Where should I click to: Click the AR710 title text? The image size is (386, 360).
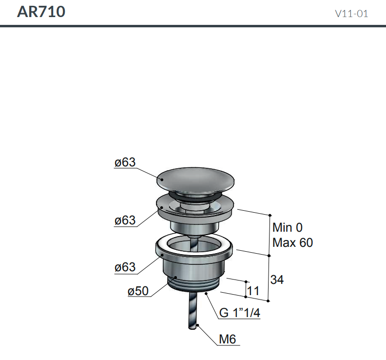[41, 12]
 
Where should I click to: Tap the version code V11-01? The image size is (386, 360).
[351, 14]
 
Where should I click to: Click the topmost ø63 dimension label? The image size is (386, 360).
[125, 162]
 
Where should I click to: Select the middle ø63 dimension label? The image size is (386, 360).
[125, 220]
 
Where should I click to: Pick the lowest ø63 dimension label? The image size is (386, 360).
[125, 267]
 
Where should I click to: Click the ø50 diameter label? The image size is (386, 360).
[138, 291]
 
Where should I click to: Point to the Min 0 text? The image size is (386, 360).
[288, 227]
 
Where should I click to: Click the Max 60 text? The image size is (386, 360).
[292, 242]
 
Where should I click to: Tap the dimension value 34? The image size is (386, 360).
[277, 280]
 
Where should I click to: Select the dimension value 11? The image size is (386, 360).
[253, 291]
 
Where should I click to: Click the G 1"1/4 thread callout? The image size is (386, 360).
[239, 313]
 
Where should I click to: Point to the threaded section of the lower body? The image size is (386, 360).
[195, 284]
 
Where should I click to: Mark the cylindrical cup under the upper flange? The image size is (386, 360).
[194, 225]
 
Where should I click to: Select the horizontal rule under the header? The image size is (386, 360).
[193, 26]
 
